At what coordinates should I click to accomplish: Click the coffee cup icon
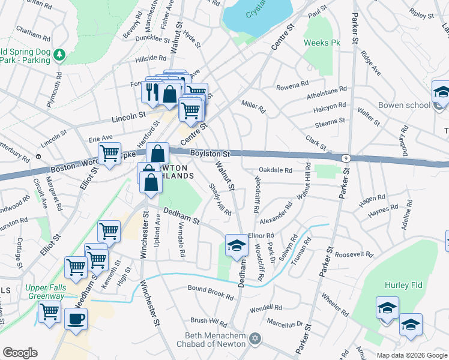click(x=76, y=319)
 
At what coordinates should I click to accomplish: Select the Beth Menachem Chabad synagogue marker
click(x=256, y=340)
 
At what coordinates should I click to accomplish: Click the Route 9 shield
click(x=346, y=158)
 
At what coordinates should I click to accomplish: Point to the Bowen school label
click(x=404, y=105)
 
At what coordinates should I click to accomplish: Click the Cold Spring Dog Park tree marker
click(x=59, y=56)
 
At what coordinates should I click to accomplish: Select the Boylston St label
click(x=211, y=154)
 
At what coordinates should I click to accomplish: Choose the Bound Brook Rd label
click(x=210, y=293)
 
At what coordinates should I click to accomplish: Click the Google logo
click(x=20, y=353)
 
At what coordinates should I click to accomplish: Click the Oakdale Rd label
click(x=276, y=170)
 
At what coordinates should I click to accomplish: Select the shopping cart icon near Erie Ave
click(x=109, y=153)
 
